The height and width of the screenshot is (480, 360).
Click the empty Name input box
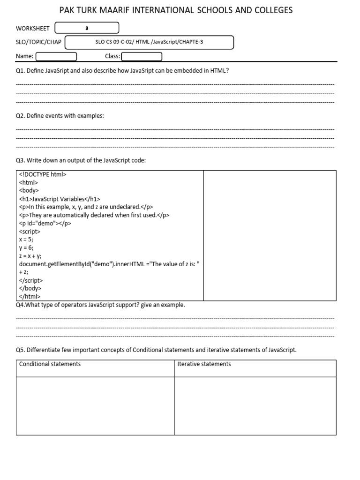(56, 57)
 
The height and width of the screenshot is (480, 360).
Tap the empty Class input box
(142, 57)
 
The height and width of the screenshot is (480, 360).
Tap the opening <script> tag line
(30, 231)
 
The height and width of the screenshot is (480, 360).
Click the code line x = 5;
(26, 240)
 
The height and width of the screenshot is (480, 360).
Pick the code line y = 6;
(26, 247)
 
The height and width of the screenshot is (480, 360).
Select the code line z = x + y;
(30, 256)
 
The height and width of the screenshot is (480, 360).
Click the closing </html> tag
(30, 296)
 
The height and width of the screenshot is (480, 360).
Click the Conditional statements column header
(50, 364)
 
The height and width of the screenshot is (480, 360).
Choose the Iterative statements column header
(204, 364)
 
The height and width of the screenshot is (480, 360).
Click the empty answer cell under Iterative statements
(255, 405)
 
